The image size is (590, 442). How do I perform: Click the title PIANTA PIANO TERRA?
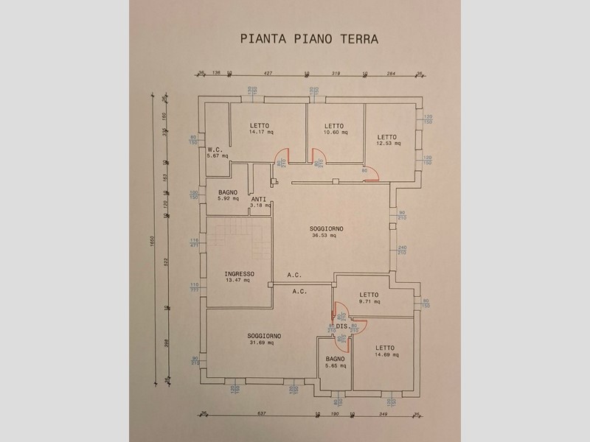coord(309,38)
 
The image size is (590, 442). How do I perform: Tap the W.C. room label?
coord(215,148)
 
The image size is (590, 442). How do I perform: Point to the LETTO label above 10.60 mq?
coord(335,125)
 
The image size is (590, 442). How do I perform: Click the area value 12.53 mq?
coord(388,144)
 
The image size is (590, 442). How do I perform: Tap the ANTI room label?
coord(258,199)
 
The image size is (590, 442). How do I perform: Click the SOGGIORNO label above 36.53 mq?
coord(326,228)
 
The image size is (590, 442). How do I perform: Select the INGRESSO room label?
coord(240,273)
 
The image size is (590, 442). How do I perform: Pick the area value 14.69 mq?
coord(385,355)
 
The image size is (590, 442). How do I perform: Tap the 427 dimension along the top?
coord(268,73)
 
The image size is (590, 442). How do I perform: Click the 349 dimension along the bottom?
coord(383,414)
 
